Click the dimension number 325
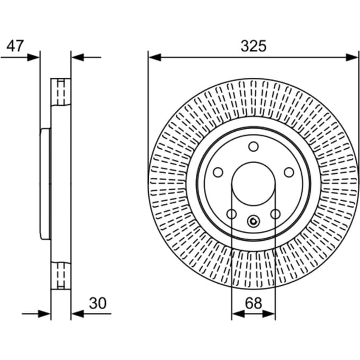pos(254,46)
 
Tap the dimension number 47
pos(15,46)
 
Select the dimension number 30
pos(98,303)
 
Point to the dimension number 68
pos(254,303)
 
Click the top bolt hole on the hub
pos(254,147)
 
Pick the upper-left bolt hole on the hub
pos(218,172)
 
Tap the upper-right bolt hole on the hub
pos(289,172)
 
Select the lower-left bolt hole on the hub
pos(231,214)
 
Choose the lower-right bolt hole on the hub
pos(275,214)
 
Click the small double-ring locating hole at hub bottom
pos(254,221)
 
